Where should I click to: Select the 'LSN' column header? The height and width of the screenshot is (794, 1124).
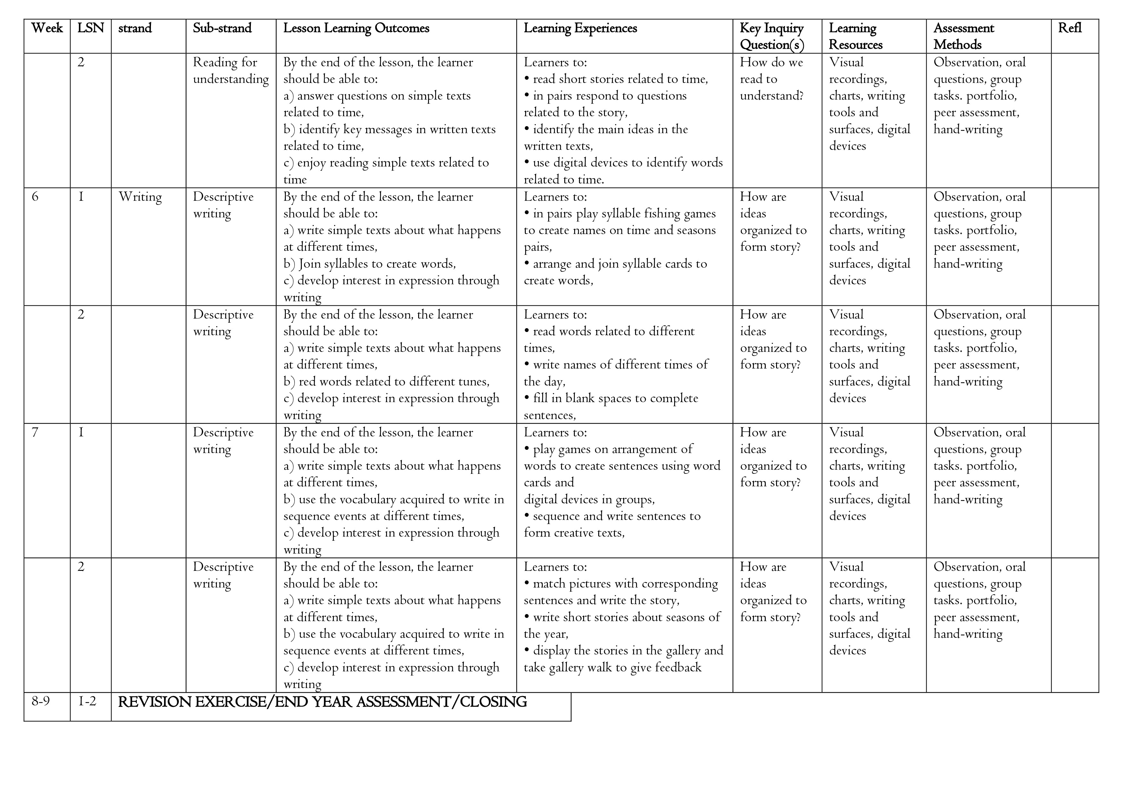point(91,28)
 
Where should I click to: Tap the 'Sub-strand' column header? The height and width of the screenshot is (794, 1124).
point(222,28)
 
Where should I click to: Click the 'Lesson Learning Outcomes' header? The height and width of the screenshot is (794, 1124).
point(356,28)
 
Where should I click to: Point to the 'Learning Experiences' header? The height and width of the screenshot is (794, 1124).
point(580,28)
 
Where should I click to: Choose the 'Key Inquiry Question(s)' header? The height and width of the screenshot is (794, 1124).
point(772,36)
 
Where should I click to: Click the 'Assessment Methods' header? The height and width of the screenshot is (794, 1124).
point(963,36)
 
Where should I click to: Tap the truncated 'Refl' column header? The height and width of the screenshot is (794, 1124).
point(1070,28)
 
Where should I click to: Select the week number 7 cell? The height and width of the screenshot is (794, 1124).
point(35,433)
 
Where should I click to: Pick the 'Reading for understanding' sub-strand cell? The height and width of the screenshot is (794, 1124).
point(231,70)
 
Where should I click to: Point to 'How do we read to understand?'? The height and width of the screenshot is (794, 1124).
point(772,79)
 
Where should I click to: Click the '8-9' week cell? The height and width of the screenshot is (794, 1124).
point(41,701)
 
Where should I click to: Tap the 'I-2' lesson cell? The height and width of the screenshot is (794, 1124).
point(87,701)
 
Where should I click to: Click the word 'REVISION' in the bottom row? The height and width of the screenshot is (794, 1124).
point(155,702)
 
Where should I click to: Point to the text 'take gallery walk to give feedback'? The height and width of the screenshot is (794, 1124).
point(612,668)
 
